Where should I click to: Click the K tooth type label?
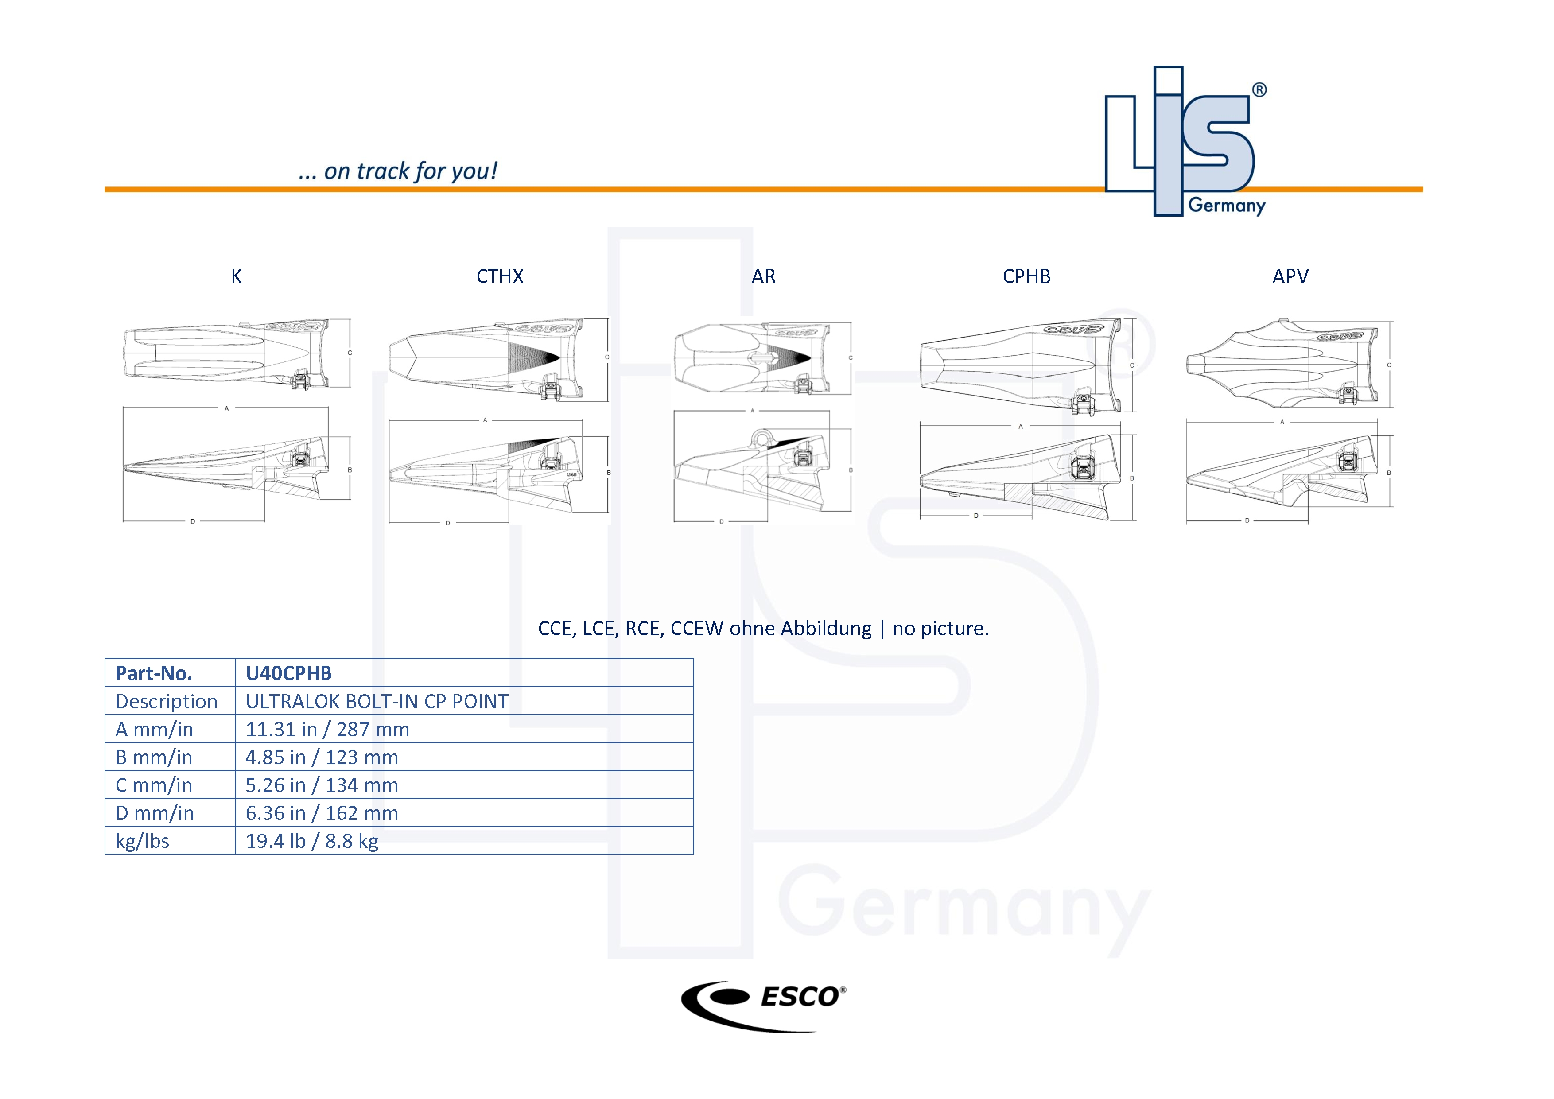(236, 276)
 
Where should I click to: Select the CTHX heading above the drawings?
(500, 276)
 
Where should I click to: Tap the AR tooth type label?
(763, 276)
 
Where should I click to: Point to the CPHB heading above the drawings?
(1026, 276)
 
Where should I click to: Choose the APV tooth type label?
(1290, 276)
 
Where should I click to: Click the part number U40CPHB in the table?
(289, 673)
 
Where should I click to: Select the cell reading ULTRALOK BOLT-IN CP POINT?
(377, 702)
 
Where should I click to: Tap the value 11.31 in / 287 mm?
(327, 730)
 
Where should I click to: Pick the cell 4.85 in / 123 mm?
(322, 757)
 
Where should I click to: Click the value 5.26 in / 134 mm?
(322, 785)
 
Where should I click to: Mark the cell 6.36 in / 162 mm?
(322, 813)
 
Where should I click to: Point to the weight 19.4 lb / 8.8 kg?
(312, 841)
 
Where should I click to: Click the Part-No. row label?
(154, 673)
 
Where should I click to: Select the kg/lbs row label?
(142, 841)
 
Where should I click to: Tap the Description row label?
(167, 702)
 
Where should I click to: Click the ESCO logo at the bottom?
(763, 1005)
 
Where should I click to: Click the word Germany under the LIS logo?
(1227, 206)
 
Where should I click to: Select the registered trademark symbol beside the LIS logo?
(1259, 90)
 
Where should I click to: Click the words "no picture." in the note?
(941, 629)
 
